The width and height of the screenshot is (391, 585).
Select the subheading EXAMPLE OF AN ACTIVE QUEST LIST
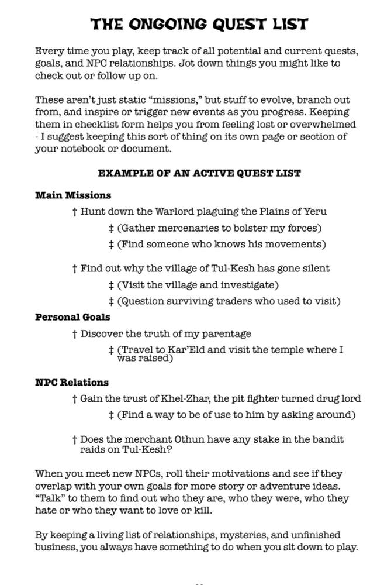pos(199,173)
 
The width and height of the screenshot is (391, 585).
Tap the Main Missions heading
pos(73,195)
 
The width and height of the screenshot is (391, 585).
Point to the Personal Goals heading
pos(72,317)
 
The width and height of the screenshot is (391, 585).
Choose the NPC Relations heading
pos(72,383)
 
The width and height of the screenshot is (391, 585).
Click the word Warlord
pos(177,211)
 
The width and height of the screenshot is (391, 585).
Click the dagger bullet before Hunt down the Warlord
pos(75,211)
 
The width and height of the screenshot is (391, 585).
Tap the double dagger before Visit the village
pos(111,285)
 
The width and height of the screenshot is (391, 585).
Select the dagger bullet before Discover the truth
pos(75,333)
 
